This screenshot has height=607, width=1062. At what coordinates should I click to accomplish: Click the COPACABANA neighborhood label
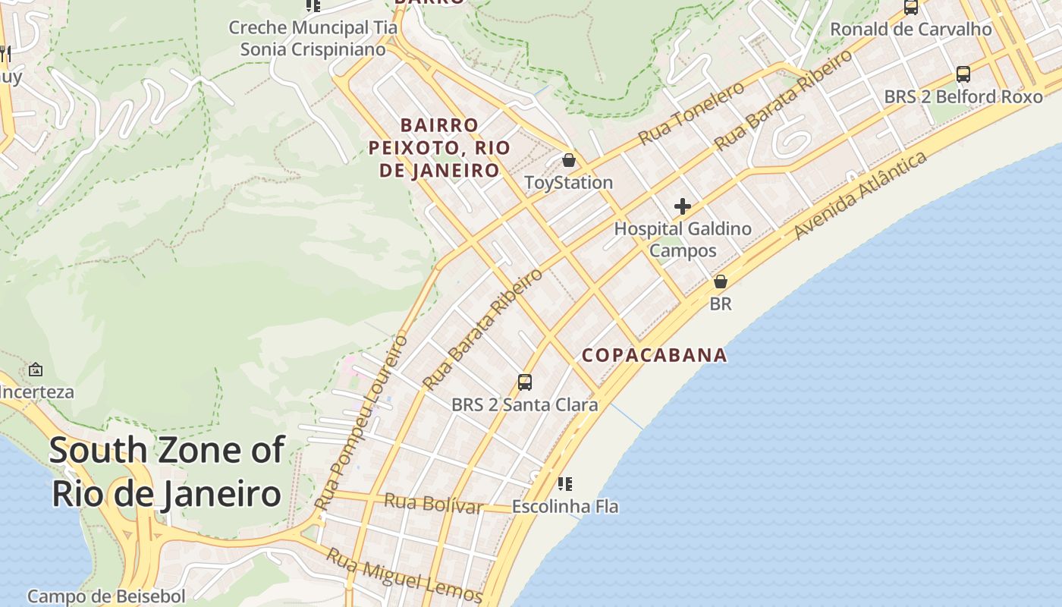click(x=654, y=355)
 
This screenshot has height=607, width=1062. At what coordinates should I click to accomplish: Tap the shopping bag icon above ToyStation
click(x=569, y=161)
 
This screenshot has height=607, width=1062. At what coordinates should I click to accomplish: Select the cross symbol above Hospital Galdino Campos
click(x=683, y=206)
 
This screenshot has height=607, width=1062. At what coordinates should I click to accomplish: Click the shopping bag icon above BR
click(x=720, y=281)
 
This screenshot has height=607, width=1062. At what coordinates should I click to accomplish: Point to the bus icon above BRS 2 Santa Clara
click(x=524, y=382)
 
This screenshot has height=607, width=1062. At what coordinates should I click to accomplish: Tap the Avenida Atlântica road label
click(x=860, y=196)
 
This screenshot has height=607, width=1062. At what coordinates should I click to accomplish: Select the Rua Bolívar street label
click(x=433, y=503)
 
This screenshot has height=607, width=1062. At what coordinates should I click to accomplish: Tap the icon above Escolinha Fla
click(x=564, y=483)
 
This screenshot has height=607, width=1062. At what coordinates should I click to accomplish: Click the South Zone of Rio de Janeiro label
click(x=166, y=472)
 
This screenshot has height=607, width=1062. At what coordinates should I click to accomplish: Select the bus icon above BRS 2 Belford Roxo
click(x=963, y=74)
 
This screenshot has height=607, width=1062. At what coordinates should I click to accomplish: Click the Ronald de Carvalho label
click(x=910, y=30)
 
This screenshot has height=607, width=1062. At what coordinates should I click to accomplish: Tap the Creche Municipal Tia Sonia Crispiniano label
click(x=313, y=39)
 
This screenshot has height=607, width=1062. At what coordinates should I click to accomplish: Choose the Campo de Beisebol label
click(x=106, y=596)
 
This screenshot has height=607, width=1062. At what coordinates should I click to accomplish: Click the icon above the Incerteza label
click(x=35, y=370)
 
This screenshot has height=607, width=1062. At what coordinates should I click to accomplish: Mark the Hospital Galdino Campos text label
click(x=683, y=239)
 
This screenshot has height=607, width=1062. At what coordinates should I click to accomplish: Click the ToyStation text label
click(x=568, y=183)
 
